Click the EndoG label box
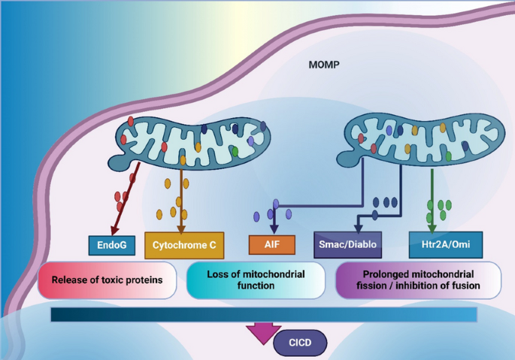click(x=112, y=245)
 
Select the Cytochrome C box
click(x=184, y=245)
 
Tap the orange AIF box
click(x=272, y=245)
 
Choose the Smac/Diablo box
click(x=348, y=245)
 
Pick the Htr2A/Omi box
click(x=446, y=245)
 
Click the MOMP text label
click(x=324, y=65)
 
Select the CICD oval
click(x=300, y=343)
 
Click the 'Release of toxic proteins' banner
click(x=107, y=280)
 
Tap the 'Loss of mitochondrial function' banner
click(x=256, y=280)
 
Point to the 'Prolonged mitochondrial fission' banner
click(x=418, y=280)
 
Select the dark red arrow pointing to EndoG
click(x=126, y=198)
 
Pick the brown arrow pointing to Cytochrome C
click(x=181, y=201)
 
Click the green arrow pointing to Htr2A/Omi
click(x=432, y=201)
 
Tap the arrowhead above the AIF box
click(x=274, y=228)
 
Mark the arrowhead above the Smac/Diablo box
click(x=359, y=228)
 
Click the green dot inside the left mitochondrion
click(x=235, y=151)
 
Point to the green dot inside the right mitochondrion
click(x=448, y=156)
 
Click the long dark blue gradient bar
click(x=264, y=315)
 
